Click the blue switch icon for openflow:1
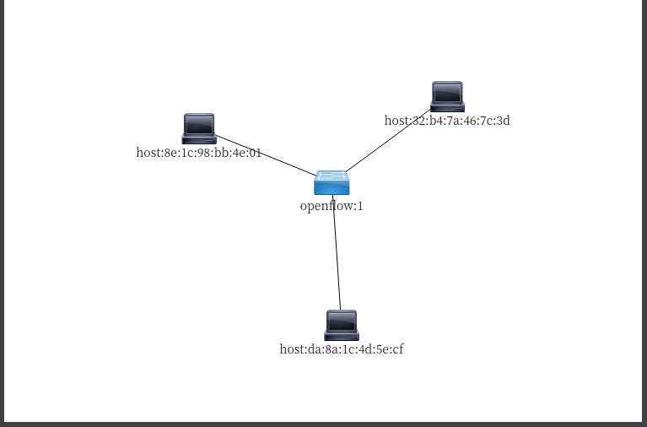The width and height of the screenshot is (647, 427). [332, 182]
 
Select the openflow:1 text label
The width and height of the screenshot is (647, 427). [332, 206]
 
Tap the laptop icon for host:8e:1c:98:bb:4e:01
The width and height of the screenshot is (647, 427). [199, 128]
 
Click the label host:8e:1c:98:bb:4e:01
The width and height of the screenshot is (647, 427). [199, 154]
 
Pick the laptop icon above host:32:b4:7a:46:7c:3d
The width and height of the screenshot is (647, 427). [447, 96]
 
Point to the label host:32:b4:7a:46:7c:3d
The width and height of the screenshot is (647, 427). [447, 121]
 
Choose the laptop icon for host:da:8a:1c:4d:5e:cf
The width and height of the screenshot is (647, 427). [342, 325]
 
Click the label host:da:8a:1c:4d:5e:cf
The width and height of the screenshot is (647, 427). [342, 349]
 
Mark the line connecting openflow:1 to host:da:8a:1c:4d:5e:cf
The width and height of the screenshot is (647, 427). [337, 253]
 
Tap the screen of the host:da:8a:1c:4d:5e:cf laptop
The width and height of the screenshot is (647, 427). [342, 321]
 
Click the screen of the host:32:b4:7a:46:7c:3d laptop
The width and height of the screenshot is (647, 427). [447, 92]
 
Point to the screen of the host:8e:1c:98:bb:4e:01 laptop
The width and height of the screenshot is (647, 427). [199, 124]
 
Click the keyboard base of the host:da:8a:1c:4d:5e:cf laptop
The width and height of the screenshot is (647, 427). [342, 336]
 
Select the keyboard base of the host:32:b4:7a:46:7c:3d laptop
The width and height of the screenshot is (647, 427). [447, 108]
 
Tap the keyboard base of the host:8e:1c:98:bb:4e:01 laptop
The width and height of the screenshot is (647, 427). [199, 139]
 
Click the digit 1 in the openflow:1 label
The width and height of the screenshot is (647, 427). [359, 206]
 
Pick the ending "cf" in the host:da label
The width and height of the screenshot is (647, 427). [397, 349]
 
